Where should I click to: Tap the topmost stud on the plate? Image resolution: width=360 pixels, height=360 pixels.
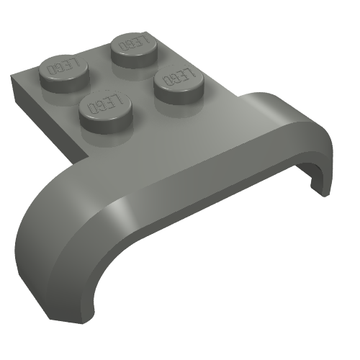tap(133, 45)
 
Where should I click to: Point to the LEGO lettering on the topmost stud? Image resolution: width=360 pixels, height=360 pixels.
tap(133, 41)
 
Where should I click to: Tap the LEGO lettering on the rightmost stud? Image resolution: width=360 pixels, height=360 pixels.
tap(177, 76)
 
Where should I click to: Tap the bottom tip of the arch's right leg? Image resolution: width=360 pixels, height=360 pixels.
tap(317, 189)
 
